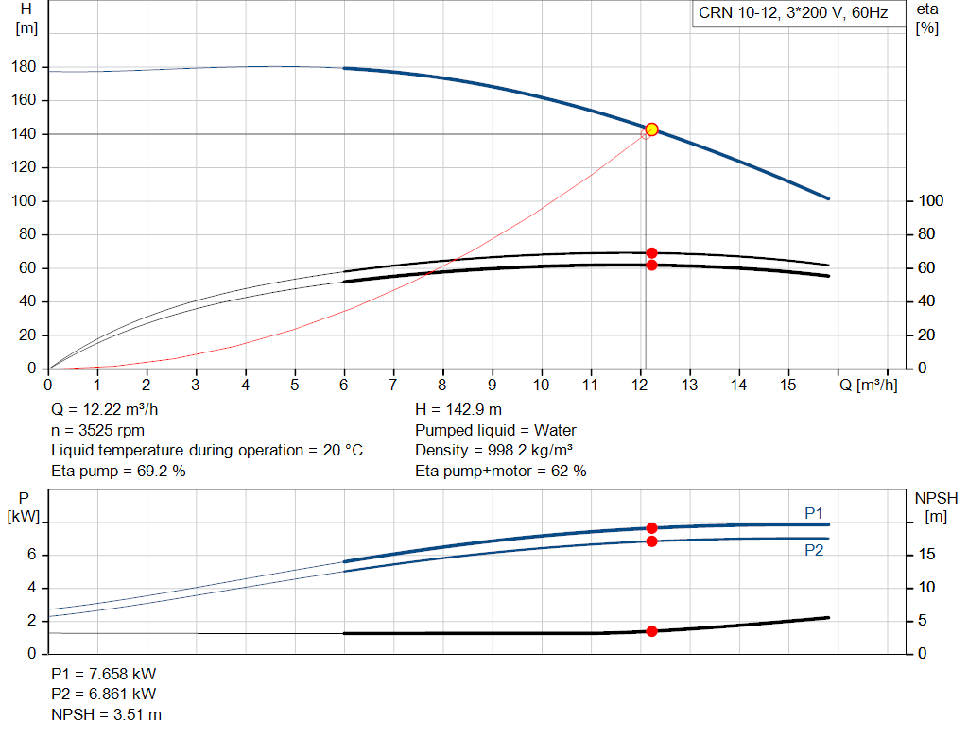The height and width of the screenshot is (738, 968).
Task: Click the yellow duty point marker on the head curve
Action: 651,129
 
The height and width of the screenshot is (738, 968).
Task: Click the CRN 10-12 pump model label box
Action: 792,13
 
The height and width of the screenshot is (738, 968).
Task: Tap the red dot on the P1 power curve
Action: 651,528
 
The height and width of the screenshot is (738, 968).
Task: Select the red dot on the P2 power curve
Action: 651,541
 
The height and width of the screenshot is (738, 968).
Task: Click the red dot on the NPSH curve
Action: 651,631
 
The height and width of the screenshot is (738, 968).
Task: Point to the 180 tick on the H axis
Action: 26,67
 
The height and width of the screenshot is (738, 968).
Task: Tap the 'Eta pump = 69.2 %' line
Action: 118,471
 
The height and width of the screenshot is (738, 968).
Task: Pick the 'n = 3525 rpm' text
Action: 97,430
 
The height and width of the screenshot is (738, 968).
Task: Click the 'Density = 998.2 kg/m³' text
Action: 493,451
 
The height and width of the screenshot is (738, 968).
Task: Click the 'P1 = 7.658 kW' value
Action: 104,675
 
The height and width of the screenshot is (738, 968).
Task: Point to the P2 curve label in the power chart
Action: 814,550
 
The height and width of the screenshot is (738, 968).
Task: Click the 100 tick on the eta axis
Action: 930,201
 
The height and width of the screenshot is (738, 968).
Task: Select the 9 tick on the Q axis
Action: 493,385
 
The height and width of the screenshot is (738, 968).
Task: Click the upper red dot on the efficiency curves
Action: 651,253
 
